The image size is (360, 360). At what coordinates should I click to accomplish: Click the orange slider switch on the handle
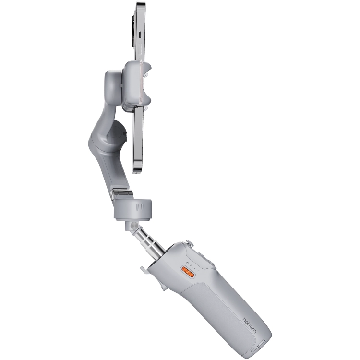coord(188,272)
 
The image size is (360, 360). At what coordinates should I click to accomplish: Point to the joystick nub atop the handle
coord(190,243)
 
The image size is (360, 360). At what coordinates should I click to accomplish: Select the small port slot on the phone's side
coord(140,34)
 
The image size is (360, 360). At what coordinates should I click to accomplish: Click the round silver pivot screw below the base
coord(133,226)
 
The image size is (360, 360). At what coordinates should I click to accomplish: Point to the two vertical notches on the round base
coord(139,206)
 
